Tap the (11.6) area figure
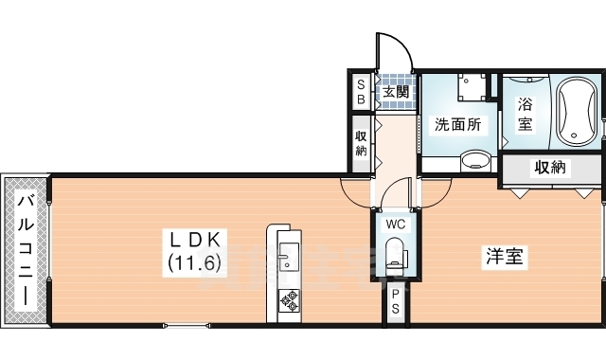(x=197, y=261)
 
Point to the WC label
(x=396, y=225)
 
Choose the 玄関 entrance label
(x=396, y=92)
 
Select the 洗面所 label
(x=458, y=124)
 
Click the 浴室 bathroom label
(x=523, y=115)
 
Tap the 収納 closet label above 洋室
(x=550, y=168)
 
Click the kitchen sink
(x=287, y=256)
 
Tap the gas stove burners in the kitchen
(x=287, y=301)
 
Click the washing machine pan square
(x=467, y=86)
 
